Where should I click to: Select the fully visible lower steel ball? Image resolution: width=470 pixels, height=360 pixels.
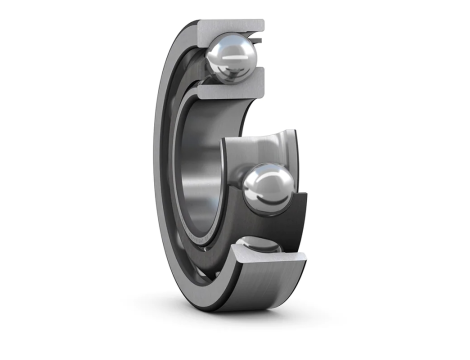(x=268, y=189)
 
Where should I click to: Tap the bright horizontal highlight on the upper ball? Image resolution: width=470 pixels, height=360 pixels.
(x=228, y=47)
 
